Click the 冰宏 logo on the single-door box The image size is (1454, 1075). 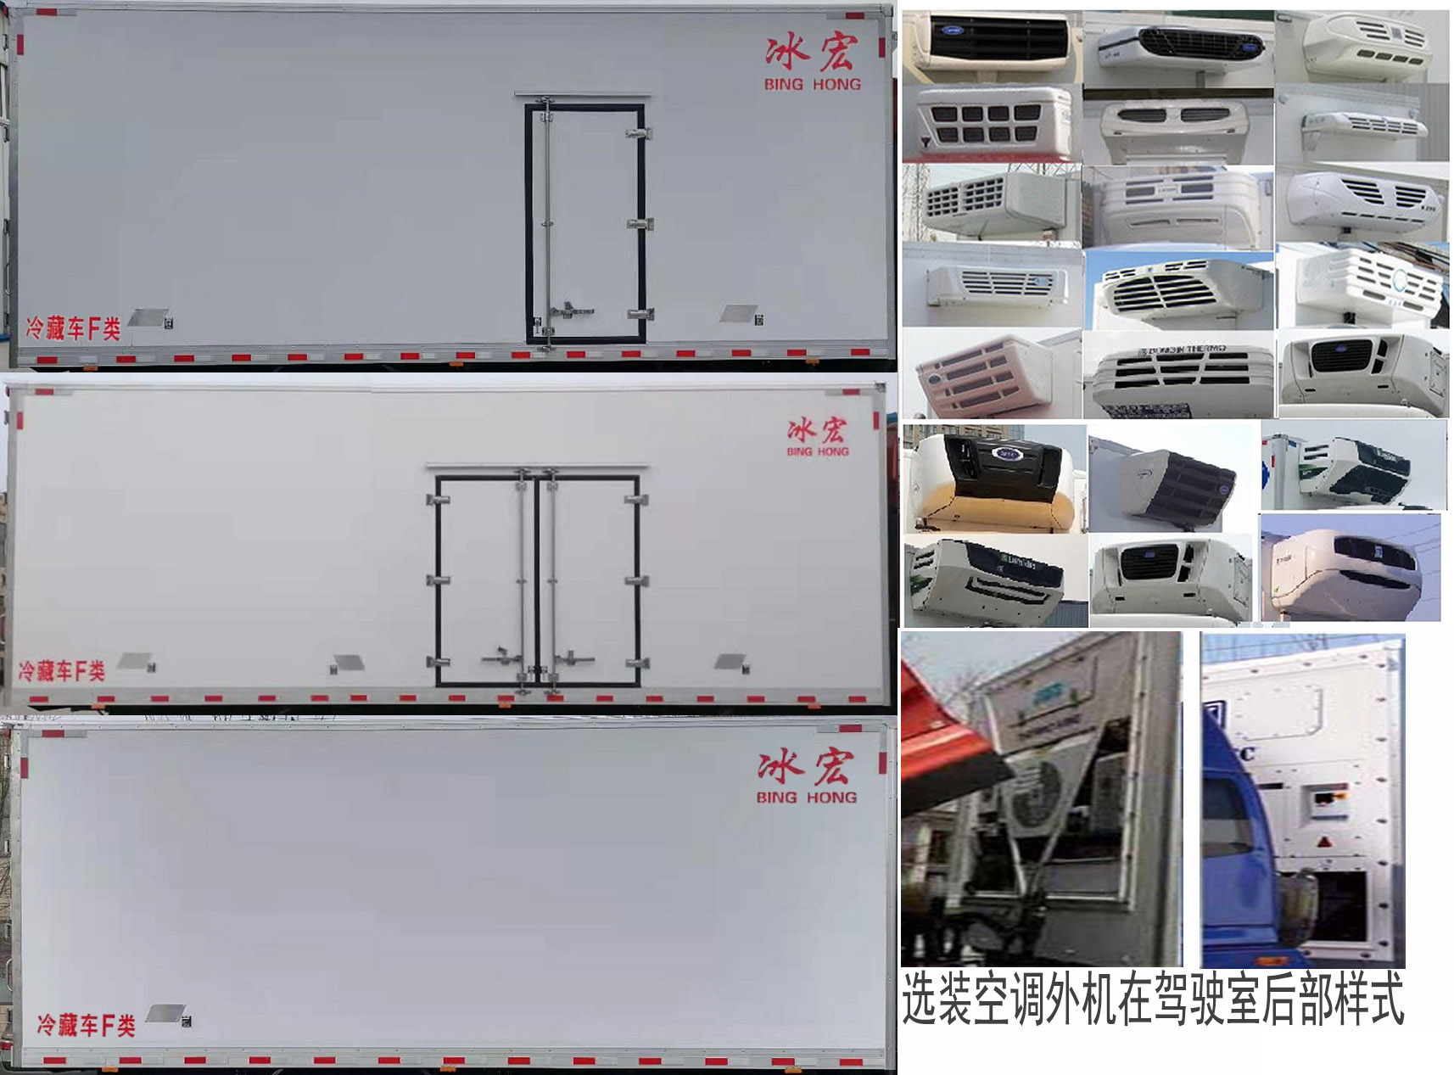click(811, 53)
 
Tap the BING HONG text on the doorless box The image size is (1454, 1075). click(806, 798)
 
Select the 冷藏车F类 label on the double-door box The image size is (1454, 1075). click(62, 671)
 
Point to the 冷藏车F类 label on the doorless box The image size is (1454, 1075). click(86, 1025)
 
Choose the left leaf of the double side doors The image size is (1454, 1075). click(484, 581)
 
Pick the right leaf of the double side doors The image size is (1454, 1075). click(590, 581)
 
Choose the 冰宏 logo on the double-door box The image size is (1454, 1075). click(817, 431)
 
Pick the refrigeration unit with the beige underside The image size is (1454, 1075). click(993, 480)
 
